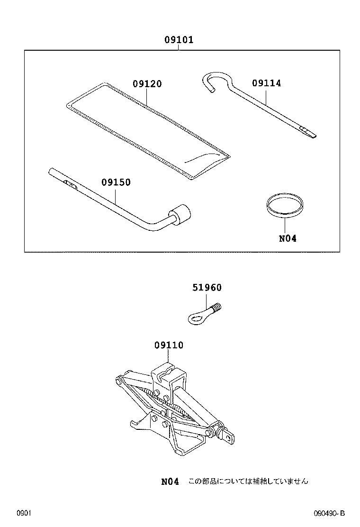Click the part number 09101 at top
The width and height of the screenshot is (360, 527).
point(179,40)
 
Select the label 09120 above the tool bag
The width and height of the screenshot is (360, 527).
point(147,84)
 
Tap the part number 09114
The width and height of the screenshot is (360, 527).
point(266,83)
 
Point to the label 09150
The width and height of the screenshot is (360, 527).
point(116,182)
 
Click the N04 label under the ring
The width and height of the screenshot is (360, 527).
point(287,238)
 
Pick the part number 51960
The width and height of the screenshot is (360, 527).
point(207,288)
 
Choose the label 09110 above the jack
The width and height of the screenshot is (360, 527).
point(169,346)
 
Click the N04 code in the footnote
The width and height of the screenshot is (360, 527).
point(170,482)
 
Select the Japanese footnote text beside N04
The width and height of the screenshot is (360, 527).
point(248,482)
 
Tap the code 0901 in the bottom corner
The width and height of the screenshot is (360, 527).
point(24,513)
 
